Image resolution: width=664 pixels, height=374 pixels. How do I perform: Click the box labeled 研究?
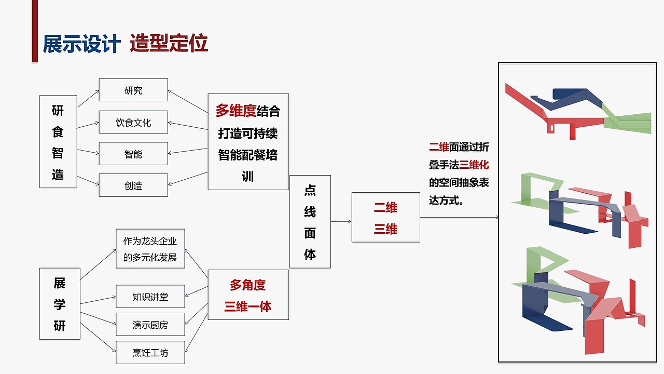(133, 90)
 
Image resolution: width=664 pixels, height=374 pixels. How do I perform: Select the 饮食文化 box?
(133, 123)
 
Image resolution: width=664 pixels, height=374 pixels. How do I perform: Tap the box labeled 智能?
(133, 154)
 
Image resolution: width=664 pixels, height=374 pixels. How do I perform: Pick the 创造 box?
(133, 185)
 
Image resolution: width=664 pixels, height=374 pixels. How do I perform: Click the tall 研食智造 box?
(58, 141)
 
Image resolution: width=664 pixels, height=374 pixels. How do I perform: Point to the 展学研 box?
(60, 304)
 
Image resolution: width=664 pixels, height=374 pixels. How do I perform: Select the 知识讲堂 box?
(150, 297)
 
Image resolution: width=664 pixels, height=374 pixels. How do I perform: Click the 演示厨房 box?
(150, 325)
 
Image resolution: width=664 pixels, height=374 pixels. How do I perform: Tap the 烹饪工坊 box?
(150, 353)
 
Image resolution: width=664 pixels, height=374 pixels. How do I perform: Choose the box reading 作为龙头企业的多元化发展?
(150, 249)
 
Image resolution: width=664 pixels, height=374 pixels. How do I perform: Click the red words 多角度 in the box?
(247, 285)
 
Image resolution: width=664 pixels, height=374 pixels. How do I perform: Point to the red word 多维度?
(236, 111)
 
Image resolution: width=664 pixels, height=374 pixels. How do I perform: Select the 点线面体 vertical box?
(310, 222)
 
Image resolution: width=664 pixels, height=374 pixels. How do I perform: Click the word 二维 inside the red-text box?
(385, 207)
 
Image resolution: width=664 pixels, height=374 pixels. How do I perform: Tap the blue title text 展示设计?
(81, 44)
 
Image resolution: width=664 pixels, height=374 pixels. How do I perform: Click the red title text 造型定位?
(169, 44)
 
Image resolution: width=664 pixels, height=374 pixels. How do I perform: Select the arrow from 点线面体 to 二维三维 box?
(341, 222)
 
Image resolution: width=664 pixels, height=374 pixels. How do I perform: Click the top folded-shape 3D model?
(578, 111)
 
